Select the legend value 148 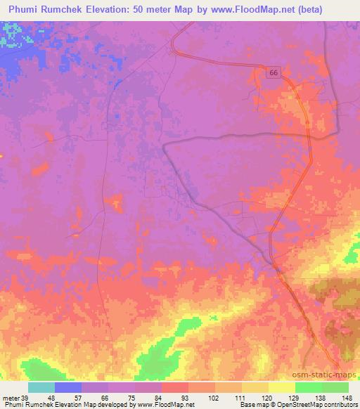pyautogui.click(x=348, y=397)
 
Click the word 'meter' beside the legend pyautogui.click(x=10, y=397)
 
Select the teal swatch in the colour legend pyautogui.click(x=41, y=387)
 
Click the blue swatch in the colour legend pyautogui.click(x=68, y=387)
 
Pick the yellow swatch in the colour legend pyautogui.click(x=281, y=387)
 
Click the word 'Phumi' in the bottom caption pyautogui.click(x=13, y=405)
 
